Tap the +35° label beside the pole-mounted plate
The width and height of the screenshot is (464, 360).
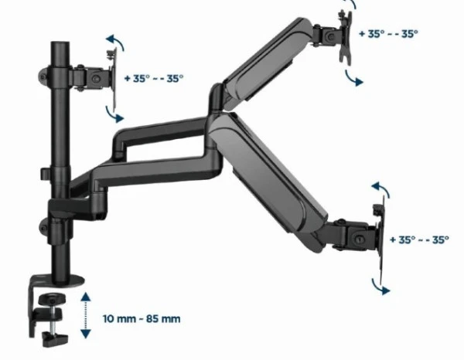point(153,78)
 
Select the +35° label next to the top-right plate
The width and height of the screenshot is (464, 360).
point(388,33)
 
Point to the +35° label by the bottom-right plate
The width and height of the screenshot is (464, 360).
point(419,240)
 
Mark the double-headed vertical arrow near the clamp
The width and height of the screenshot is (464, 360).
point(84,315)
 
